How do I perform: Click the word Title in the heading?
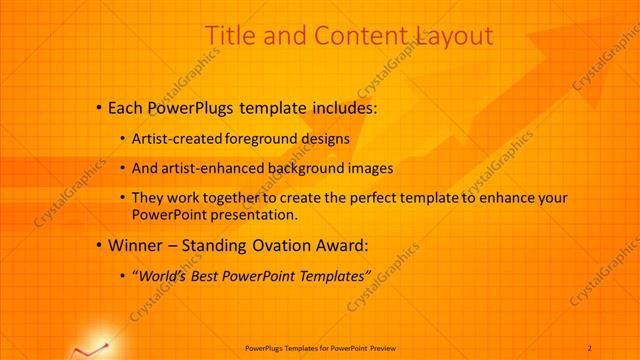pos(229,37)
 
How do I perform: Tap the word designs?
pos(323,139)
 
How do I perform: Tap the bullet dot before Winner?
pos(97,243)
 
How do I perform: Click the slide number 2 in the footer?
pos(590,347)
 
